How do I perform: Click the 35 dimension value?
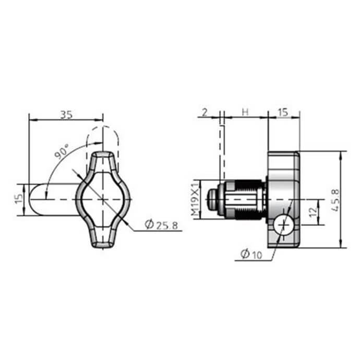66,114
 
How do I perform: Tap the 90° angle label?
62,152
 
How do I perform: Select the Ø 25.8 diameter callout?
161,224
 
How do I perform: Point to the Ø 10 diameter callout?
251,254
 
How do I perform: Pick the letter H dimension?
245,112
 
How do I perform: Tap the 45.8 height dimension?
335,200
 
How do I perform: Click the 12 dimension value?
313,212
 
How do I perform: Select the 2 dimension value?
205,112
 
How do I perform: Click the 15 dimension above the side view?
283,112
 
